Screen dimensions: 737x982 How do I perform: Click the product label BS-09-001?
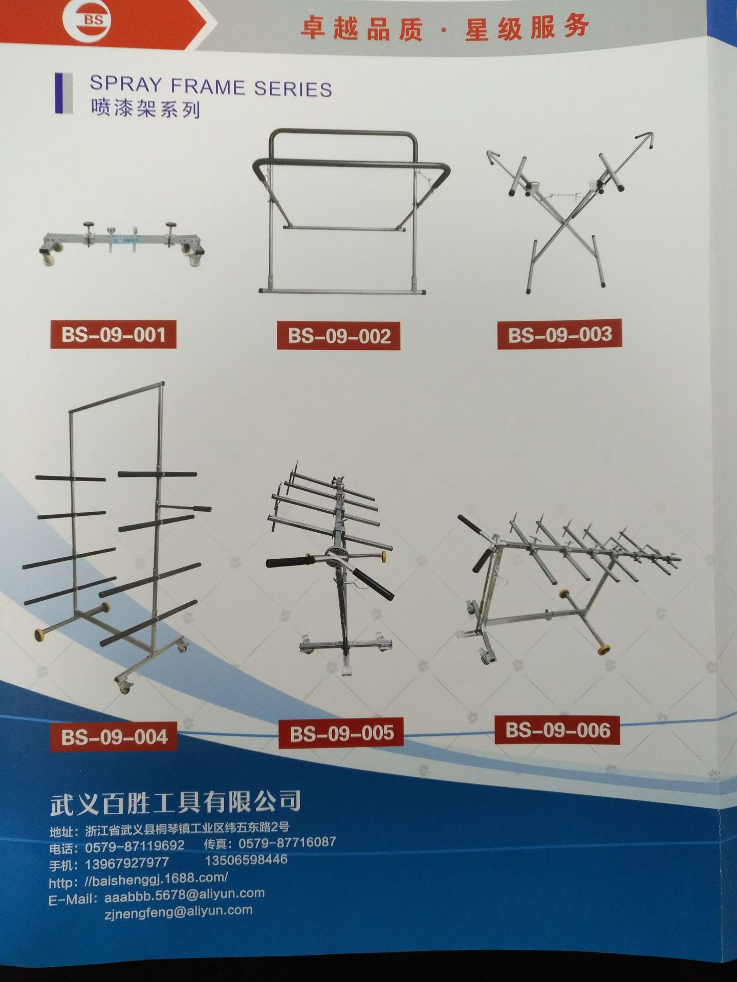pyautogui.click(x=113, y=335)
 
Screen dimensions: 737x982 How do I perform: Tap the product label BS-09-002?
pyautogui.click(x=338, y=336)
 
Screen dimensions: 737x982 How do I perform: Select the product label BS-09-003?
pyautogui.click(x=559, y=334)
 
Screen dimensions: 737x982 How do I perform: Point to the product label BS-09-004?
pyautogui.click(x=114, y=736)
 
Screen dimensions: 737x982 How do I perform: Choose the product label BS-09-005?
pyautogui.click(x=341, y=733)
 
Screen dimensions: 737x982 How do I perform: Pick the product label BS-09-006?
pyautogui.click(x=557, y=730)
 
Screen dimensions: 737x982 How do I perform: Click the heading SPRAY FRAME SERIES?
pyautogui.click(x=210, y=86)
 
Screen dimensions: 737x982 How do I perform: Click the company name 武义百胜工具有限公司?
pyautogui.click(x=175, y=802)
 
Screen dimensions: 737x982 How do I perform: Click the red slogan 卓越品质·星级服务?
pyautogui.click(x=444, y=27)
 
